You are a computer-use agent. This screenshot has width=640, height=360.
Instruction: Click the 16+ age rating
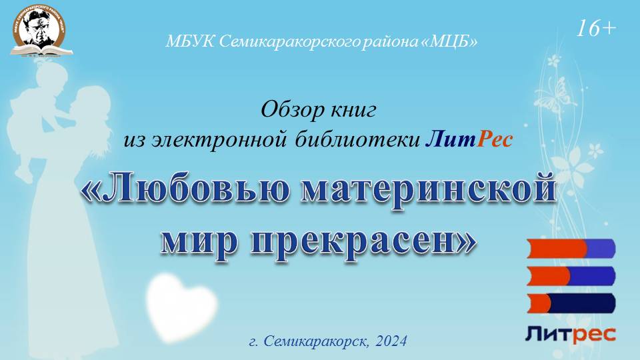pyautogui.click(x=597, y=28)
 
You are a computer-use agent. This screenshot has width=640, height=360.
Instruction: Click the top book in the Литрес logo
pyautogui.click(x=571, y=249)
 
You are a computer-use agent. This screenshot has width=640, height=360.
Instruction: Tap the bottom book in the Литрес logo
pyautogui.click(x=571, y=303)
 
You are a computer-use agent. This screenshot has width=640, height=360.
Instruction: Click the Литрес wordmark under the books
pyautogui.click(x=571, y=333)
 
